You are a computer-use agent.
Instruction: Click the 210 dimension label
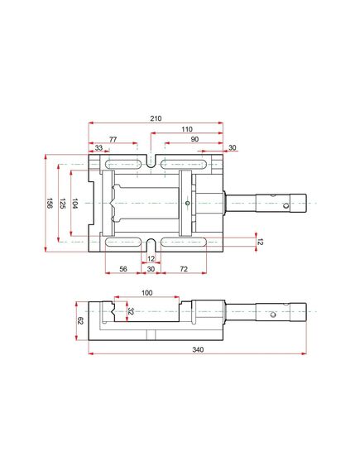click(156, 118)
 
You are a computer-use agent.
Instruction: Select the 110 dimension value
click(187, 129)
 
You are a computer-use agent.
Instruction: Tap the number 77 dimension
click(113, 139)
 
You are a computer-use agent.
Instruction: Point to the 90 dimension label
click(194, 139)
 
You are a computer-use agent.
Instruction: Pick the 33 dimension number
click(98, 147)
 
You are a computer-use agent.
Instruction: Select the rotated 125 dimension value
click(62, 204)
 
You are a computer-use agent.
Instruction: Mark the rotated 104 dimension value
click(74, 204)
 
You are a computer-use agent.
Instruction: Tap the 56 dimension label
click(123, 269)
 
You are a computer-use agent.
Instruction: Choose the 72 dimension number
click(184, 269)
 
